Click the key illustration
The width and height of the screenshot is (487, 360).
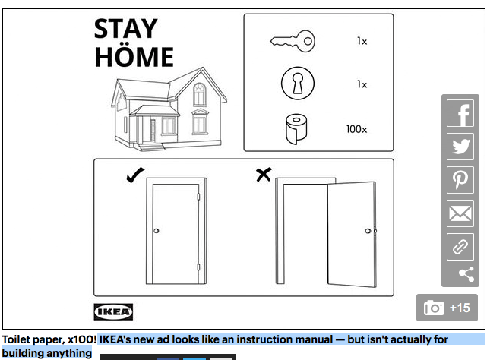click(293, 41)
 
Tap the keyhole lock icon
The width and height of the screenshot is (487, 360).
click(298, 84)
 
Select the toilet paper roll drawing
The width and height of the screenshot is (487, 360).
click(296, 129)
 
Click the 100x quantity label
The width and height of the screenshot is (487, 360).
click(356, 129)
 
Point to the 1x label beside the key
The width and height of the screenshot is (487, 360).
click(362, 41)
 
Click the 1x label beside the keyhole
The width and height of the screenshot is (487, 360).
click(362, 84)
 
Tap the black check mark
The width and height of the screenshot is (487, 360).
click(135, 175)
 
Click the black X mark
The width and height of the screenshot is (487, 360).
click(264, 175)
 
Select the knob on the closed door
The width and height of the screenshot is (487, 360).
click(157, 231)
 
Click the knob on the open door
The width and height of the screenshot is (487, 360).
click(368, 231)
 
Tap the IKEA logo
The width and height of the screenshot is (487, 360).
click(113, 312)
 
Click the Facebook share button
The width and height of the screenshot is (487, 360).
click(460, 113)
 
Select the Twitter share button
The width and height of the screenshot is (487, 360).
click(460, 147)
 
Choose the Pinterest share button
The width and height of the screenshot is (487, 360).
click(460, 180)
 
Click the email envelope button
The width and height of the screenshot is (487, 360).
click(460, 213)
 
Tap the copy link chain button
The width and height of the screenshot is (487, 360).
click(460, 247)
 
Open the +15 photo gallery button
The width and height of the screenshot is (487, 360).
click(447, 308)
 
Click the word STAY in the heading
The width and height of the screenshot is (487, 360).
click(126, 29)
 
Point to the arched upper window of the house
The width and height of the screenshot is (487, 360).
click(199, 94)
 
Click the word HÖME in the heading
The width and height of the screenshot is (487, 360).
click(134, 56)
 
